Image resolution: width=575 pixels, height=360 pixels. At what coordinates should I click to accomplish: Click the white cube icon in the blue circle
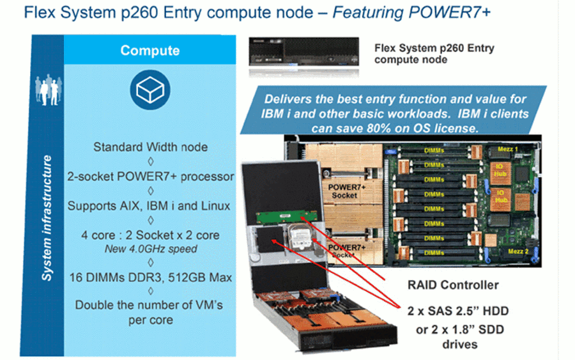(150, 90)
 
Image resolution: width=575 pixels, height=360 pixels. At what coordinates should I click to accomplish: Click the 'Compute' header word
(150, 51)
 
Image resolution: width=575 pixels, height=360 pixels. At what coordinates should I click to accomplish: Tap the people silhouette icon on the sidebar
(48, 90)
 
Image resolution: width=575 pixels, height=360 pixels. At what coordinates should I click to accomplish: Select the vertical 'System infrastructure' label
(47, 218)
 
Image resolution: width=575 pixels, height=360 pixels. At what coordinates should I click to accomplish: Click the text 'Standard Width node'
(150, 147)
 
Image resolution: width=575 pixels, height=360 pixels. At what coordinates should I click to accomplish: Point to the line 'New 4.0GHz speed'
(151, 249)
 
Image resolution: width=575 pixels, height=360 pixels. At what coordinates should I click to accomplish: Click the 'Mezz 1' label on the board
(507, 149)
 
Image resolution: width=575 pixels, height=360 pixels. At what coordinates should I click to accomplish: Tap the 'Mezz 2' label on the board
(518, 251)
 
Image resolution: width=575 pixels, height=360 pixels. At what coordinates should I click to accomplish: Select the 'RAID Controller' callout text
(453, 285)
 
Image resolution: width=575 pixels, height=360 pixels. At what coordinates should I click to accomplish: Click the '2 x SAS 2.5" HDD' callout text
(458, 311)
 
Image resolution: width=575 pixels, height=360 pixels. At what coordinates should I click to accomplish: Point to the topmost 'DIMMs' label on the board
(434, 150)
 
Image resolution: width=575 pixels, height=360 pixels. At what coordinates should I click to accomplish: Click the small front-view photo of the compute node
(303, 52)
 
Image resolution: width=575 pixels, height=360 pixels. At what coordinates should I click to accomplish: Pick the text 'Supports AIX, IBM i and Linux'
(149, 206)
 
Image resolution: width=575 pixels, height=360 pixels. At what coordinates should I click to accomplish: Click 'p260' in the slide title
(140, 13)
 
